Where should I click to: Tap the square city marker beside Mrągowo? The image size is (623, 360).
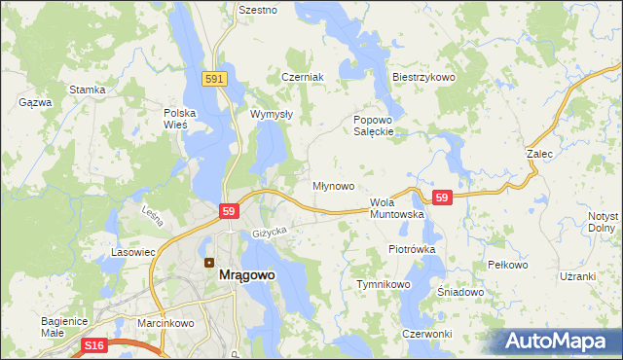coord(208,262)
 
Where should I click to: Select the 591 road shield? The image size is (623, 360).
coord(216,79)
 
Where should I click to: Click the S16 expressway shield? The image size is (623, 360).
coord(93,345)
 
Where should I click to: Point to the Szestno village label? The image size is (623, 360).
coord(258,10)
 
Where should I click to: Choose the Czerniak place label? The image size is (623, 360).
coord(301,77)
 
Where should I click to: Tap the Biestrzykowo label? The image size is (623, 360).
coord(423,77)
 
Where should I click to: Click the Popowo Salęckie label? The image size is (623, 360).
coord(373,126)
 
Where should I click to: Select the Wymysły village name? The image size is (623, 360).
coord(272,114)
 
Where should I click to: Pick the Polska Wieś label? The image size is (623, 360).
coord(180,119)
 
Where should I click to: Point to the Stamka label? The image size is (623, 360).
coord(87,90)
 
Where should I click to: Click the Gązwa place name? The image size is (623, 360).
coord(35,101)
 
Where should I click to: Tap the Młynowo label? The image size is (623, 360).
coord(332,185)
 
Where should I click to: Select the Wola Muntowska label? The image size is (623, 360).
coord(396,208)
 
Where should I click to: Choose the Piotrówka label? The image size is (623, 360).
coord(411,249)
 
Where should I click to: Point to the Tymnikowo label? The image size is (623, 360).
coord(385,284)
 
